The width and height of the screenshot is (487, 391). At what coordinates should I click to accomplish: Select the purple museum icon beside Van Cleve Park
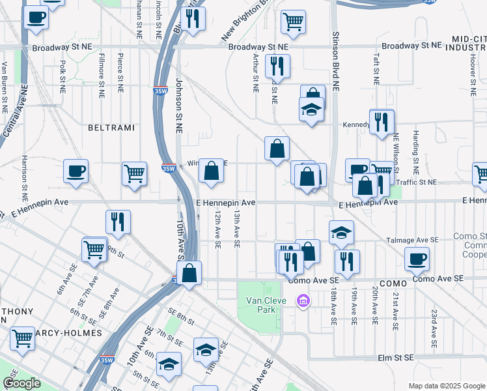(x=302, y=301)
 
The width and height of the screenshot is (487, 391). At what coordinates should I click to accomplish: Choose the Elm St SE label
(x=397, y=358)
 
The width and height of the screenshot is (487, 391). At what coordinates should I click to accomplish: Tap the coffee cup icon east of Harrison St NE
(x=76, y=171)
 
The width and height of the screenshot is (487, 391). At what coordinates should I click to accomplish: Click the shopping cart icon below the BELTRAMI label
(x=134, y=174)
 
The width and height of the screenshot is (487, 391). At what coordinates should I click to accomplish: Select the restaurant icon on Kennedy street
(x=382, y=121)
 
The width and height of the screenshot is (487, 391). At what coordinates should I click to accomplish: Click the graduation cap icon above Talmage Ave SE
(x=341, y=232)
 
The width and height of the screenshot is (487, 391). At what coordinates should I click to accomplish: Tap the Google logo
(x=21, y=383)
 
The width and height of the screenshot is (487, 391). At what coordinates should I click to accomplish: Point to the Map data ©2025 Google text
(x=447, y=385)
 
